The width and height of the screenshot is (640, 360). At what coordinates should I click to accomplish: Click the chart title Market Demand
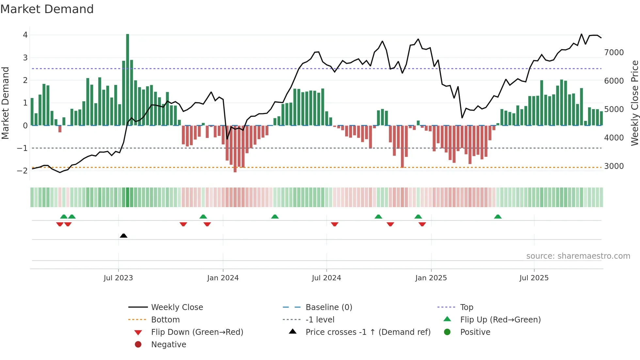(x=47, y=9)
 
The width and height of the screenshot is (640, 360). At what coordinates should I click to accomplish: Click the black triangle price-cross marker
(x=123, y=236)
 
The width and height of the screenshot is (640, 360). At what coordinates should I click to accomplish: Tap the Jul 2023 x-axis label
(x=118, y=278)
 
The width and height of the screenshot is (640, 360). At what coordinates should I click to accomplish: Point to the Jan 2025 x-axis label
(x=431, y=278)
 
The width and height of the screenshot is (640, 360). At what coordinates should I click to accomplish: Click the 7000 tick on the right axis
(x=614, y=53)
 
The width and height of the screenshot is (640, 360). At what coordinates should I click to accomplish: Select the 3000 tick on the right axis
(x=614, y=166)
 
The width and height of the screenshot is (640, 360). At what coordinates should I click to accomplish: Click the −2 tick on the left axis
(x=22, y=171)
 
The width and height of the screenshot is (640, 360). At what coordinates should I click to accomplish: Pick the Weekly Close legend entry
(x=177, y=307)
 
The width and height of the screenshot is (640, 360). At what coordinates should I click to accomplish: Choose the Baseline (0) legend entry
(x=328, y=307)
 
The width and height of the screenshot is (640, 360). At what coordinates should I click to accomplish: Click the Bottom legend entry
(x=165, y=320)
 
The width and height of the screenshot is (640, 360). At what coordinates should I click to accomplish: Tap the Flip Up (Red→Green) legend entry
(x=500, y=320)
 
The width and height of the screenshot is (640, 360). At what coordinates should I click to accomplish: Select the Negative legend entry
(x=168, y=345)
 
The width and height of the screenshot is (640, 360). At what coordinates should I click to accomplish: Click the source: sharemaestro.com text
(x=578, y=256)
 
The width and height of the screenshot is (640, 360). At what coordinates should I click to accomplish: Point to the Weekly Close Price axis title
(x=634, y=103)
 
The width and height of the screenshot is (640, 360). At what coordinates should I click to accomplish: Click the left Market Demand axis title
(x=5, y=103)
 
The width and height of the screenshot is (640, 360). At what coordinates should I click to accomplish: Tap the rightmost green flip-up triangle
(x=498, y=217)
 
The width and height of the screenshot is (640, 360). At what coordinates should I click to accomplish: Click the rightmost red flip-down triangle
(x=422, y=224)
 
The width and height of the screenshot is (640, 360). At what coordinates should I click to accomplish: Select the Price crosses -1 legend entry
(x=368, y=332)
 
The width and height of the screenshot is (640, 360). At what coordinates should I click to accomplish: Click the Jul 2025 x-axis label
(x=534, y=278)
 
